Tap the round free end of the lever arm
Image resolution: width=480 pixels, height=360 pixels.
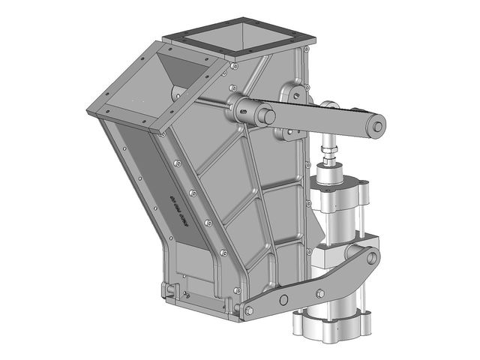pyautogui.click(x=376, y=126)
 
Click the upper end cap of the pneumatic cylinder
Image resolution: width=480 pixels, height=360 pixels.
pyautogui.click(x=337, y=179)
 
